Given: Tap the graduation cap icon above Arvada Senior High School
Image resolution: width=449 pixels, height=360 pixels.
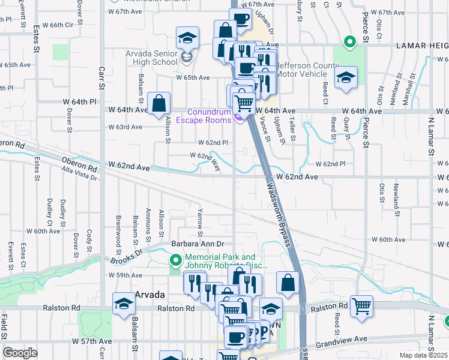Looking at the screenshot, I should (x=187, y=38).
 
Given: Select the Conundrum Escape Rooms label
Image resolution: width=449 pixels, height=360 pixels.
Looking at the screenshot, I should (x=209, y=116).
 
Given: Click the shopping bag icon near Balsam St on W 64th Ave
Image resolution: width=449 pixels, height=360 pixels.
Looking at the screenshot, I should (x=159, y=103).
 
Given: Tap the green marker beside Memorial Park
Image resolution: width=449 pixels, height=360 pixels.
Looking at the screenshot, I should (x=175, y=260).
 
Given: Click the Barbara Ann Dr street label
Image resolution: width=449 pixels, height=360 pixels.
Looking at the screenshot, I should (x=197, y=244).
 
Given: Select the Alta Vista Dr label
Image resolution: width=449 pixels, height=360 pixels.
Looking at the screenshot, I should (x=79, y=172).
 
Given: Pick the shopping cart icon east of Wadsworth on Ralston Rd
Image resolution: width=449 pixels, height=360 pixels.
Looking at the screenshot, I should (x=362, y=306).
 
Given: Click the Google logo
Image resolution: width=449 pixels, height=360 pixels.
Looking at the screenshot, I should (x=20, y=353).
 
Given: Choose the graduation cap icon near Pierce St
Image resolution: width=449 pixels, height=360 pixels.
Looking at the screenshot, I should (x=346, y=78).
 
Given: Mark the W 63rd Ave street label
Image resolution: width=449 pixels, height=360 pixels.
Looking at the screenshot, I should (x=125, y=127).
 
